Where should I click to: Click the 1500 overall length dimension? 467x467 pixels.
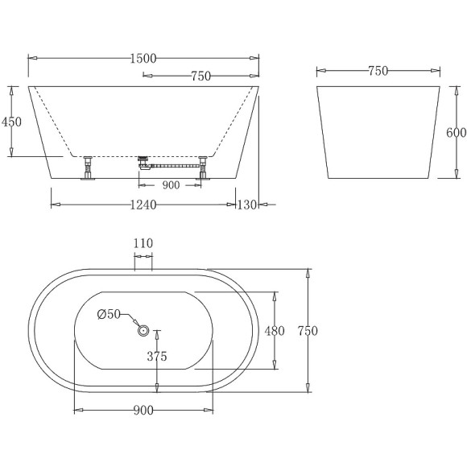click(144, 58)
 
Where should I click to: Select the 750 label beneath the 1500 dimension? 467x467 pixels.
click(200, 76)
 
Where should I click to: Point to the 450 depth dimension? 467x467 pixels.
click(12, 121)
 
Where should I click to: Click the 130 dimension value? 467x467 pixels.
click(246, 205)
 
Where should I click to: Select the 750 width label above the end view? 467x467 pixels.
click(378, 71)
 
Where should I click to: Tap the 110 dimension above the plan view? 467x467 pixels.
click(143, 244)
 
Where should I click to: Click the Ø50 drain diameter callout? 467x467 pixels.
click(108, 314)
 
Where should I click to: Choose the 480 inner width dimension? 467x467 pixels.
click(275, 330)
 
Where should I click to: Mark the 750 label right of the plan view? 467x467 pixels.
click(308, 331)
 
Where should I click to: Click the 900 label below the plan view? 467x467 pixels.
click(144, 411)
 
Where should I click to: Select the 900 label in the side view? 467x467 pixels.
click(171, 184)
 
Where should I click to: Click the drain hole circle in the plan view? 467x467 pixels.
click(143, 329)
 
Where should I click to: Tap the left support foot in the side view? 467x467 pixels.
click(87, 168)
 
